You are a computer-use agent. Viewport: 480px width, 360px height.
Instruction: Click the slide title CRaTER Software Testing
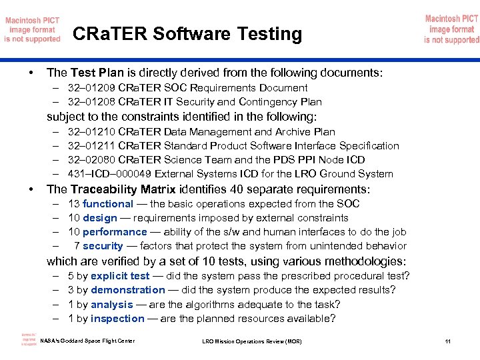click(187, 33)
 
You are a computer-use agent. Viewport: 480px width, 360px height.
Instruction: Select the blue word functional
click(108, 204)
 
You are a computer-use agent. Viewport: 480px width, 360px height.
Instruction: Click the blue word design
click(100, 218)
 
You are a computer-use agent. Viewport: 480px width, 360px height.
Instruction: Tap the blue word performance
click(115, 232)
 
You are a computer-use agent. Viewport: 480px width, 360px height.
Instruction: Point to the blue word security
click(103, 246)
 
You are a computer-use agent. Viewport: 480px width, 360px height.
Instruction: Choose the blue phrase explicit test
click(120, 276)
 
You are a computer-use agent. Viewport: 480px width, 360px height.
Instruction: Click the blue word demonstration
click(128, 290)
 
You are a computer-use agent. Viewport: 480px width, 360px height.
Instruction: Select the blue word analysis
click(112, 305)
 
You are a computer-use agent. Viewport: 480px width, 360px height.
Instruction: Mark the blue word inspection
click(117, 319)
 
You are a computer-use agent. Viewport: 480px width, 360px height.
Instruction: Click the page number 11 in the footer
click(447, 342)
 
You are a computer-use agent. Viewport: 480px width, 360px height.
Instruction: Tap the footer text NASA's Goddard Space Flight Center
click(87, 341)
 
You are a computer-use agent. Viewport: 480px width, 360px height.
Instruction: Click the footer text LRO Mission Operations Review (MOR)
click(251, 342)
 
